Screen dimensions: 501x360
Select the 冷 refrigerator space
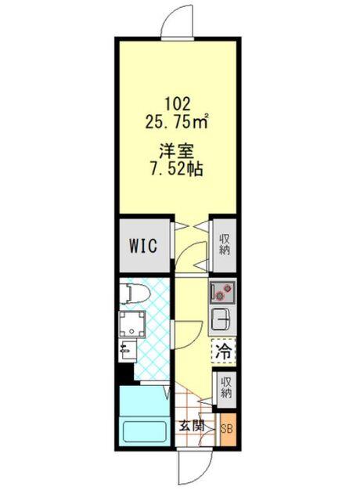(x=223, y=351)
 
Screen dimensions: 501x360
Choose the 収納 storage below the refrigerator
(x=225, y=387)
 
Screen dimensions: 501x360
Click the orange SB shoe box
(x=228, y=429)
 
